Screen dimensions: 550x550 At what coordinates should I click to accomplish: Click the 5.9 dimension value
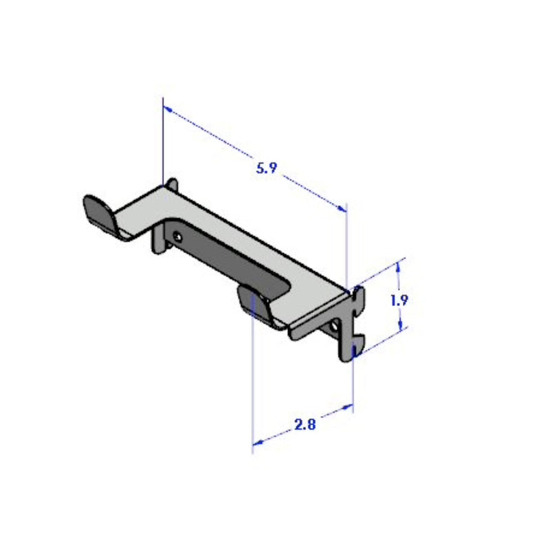click(266, 168)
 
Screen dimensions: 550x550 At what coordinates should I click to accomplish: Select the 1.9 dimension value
click(399, 300)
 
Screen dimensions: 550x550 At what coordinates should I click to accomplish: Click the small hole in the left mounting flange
click(177, 236)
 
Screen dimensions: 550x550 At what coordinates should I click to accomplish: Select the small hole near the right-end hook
click(335, 325)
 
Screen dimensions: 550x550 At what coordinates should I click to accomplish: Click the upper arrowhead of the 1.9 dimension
click(399, 265)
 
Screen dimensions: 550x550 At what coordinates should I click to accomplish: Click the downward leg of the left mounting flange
click(159, 244)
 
